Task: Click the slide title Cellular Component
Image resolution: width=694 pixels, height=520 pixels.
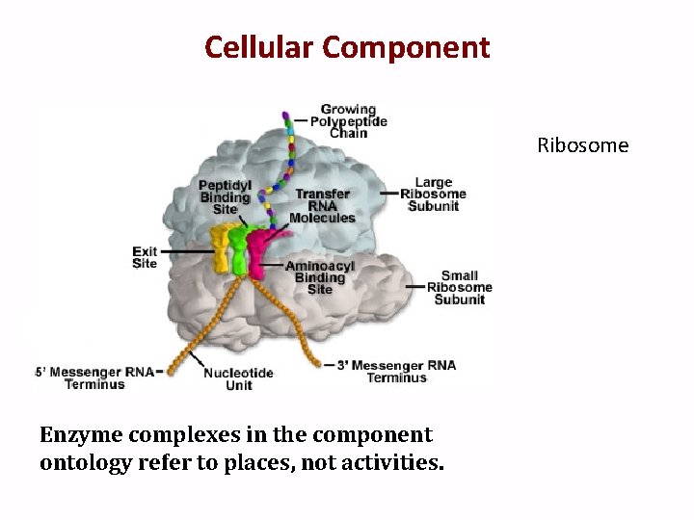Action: (347, 46)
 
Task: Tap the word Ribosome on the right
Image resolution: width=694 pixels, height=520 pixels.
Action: (582, 145)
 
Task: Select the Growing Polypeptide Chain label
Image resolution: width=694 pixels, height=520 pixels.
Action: (348, 121)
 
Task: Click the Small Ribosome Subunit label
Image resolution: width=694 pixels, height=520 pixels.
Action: (459, 287)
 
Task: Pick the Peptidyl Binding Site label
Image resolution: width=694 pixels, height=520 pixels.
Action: (225, 196)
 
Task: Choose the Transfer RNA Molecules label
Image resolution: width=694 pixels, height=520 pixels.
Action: (322, 205)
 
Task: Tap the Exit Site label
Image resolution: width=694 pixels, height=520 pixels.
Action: (145, 257)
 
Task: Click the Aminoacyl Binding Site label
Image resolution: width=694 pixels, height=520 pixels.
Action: (319, 277)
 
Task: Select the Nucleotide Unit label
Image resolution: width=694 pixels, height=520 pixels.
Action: (238, 378)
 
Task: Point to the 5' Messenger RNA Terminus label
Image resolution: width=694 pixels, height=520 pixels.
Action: (93, 377)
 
